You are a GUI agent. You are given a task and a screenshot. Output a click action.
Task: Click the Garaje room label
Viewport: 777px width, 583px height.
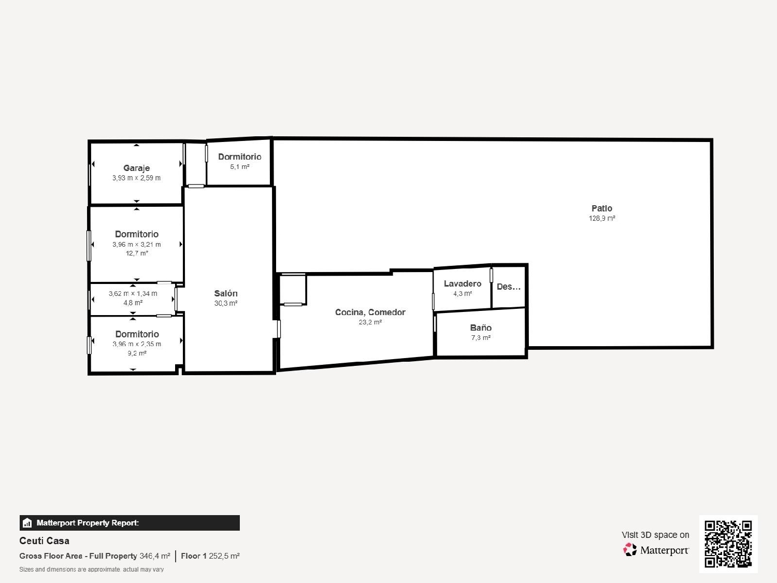click(x=136, y=168)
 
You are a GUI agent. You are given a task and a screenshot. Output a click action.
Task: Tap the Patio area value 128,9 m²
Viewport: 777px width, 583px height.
click(x=602, y=218)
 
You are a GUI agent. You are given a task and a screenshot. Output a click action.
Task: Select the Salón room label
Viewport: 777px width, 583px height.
click(x=226, y=293)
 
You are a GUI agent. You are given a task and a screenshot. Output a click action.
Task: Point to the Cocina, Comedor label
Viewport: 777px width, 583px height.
click(x=370, y=312)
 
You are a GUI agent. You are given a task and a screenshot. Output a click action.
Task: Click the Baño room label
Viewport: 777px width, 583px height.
click(x=481, y=328)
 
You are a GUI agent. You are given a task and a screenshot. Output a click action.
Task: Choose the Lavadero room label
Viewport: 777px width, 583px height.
click(x=462, y=283)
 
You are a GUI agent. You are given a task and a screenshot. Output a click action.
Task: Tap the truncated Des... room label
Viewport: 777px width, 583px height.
click(x=508, y=287)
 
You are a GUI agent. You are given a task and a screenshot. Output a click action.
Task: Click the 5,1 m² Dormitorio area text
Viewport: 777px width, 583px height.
click(x=240, y=167)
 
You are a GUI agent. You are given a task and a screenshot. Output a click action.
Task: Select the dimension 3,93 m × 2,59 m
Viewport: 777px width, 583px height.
click(x=136, y=178)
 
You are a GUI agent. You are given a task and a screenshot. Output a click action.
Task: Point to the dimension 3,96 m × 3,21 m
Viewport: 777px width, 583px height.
click(x=137, y=245)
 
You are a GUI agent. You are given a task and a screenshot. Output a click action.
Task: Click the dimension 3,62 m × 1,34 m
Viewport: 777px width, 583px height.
click(x=133, y=293)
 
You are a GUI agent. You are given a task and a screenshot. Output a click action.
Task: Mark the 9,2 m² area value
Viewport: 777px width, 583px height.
click(x=137, y=353)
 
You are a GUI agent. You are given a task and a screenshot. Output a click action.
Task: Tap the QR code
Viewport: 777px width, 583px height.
click(x=728, y=544)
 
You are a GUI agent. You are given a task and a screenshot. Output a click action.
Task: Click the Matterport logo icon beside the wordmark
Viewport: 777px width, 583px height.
click(x=630, y=550)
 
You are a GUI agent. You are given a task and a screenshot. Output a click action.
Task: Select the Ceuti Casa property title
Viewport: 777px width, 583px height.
click(x=44, y=541)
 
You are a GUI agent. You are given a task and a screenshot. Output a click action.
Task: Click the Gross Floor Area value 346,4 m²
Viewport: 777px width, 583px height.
click(x=155, y=556)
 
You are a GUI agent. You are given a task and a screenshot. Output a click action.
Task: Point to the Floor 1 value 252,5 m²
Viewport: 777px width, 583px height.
click(x=224, y=556)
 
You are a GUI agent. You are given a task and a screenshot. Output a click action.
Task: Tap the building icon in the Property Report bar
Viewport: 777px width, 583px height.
click(x=27, y=523)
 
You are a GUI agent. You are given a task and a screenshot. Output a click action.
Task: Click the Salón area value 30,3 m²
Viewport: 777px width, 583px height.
click(x=226, y=303)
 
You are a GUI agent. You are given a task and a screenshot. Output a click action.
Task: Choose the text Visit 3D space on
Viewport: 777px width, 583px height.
click(x=655, y=535)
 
